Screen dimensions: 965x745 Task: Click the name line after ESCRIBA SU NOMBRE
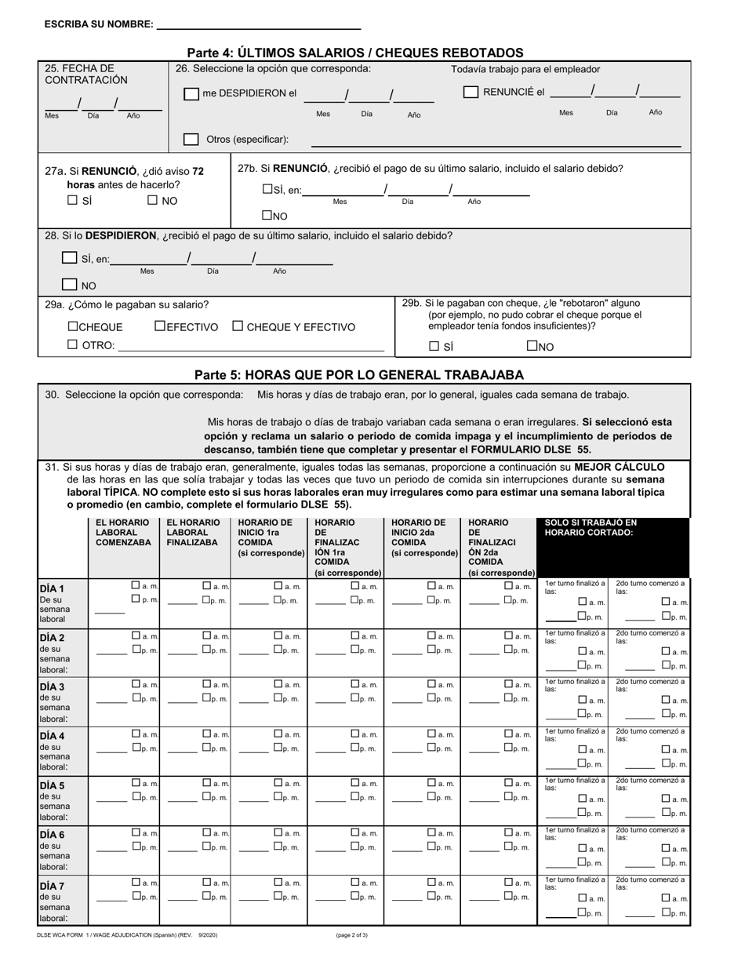(259, 26)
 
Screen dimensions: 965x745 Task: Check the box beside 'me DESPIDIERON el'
(191, 94)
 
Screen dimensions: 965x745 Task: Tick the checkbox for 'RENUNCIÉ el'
(471, 93)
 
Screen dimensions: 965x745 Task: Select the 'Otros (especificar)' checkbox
(191, 140)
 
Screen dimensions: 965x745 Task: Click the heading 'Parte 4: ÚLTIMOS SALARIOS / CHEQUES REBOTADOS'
(355, 53)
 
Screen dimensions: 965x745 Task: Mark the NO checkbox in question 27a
(154, 200)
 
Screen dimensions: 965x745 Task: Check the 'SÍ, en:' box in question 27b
(267, 189)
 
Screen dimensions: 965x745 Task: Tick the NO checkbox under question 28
(70, 286)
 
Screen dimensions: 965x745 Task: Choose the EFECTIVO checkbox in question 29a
(160, 326)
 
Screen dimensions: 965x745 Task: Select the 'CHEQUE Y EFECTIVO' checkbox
(238, 326)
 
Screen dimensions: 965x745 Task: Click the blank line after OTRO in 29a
(251, 347)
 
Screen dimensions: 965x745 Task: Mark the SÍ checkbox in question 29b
(434, 346)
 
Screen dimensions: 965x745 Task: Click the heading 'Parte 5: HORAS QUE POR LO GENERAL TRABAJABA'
(359, 374)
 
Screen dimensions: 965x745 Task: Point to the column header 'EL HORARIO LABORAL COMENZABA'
(123, 532)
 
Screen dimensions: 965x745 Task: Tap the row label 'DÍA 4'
(53, 736)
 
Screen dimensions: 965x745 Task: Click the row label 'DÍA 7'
(53, 886)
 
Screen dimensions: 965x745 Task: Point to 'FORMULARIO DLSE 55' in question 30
(533, 450)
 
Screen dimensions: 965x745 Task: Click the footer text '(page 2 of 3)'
(351, 935)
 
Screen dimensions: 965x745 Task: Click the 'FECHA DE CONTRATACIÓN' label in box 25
(86, 75)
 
